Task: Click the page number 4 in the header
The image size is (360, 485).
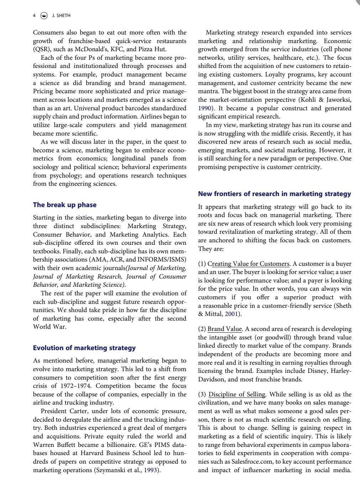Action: tap(34, 16)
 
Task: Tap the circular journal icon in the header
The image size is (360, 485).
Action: tap(44, 16)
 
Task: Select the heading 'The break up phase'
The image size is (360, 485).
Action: tap(64, 205)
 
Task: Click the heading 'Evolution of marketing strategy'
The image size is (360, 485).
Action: tap(84, 348)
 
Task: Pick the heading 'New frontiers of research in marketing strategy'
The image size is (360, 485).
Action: tap(274, 194)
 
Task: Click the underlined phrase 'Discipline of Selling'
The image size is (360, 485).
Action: tap(237, 394)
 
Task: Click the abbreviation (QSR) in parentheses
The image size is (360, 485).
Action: tap(42, 49)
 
